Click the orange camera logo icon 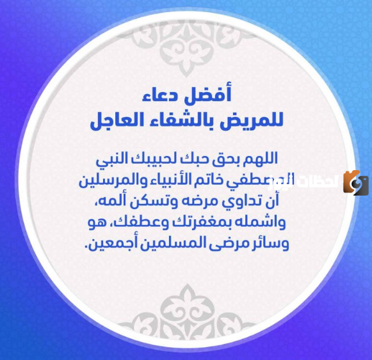pos(355,183)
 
